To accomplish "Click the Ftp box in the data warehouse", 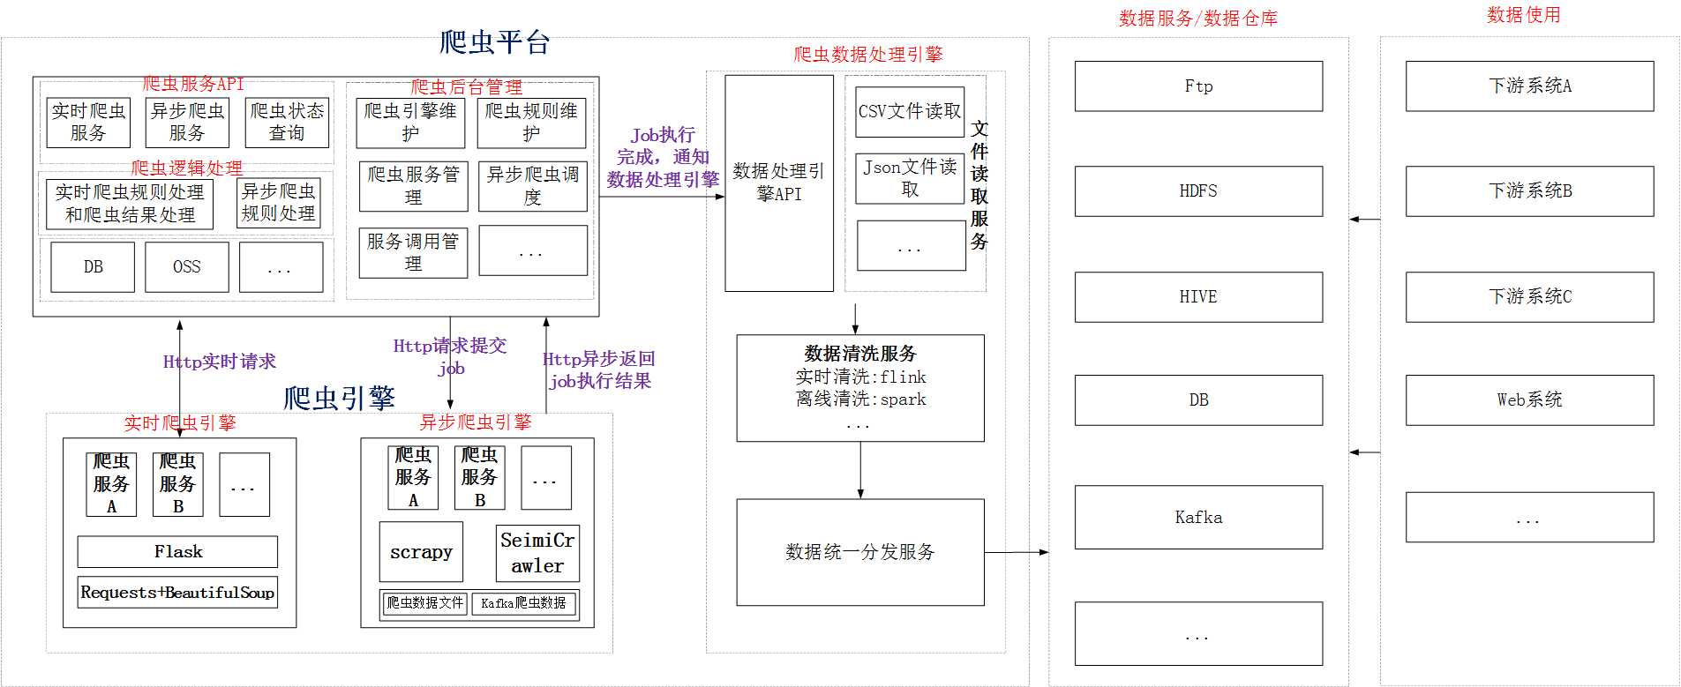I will [x=1197, y=86].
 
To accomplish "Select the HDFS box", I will [x=1197, y=191].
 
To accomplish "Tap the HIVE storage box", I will [x=1197, y=297].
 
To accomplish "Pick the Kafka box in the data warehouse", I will [x=1197, y=518].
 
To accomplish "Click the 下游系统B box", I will [x=1528, y=191].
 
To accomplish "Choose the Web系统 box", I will [x=1528, y=400].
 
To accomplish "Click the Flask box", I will [x=177, y=552].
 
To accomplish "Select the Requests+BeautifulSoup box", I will [x=177, y=593].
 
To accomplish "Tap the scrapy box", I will [x=421, y=552].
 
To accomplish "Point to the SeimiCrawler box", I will [x=537, y=553].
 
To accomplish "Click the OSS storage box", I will [x=186, y=267].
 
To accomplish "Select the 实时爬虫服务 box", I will [x=87, y=123].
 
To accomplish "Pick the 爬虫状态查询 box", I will [x=287, y=123].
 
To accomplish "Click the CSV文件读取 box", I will [x=909, y=112].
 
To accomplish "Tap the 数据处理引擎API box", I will [x=778, y=183].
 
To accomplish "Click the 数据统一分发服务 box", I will [x=859, y=553].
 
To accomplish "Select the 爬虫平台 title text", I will [x=494, y=42].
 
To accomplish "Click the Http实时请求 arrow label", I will [x=219, y=362].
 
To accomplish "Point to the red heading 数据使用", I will [x=1523, y=15].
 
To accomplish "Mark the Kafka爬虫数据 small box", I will [x=523, y=603].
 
